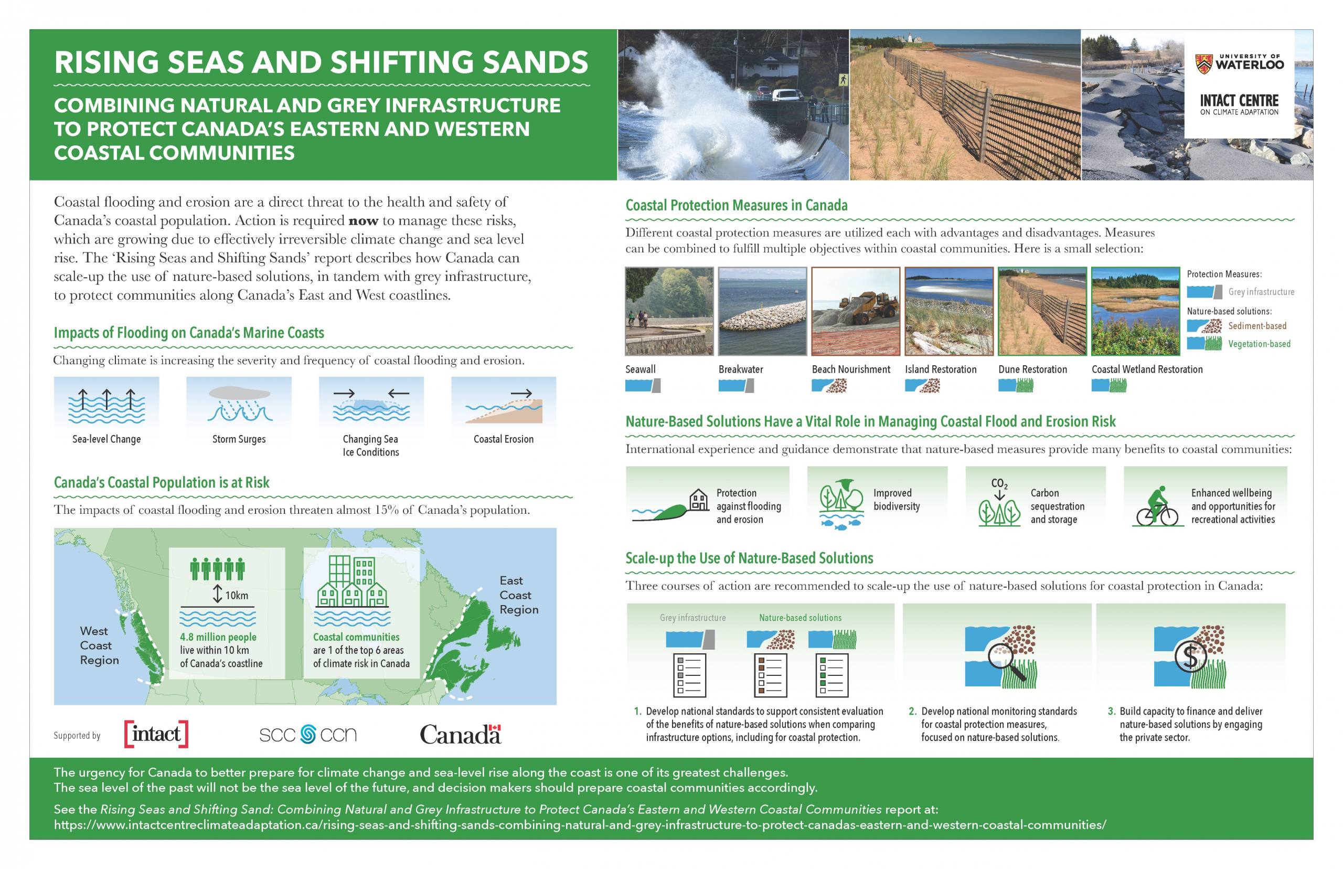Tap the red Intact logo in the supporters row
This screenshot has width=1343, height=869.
click(x=156, y=734)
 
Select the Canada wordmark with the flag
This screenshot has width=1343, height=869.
click(x=460, y=734)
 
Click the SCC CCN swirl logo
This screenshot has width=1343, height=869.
click(x=308, y=734)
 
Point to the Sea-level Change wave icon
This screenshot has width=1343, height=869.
click(x=106, y=406)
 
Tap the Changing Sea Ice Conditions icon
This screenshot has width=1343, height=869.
click(x=370, y=405)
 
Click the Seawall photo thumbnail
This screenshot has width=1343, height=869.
click(x=669, y=311)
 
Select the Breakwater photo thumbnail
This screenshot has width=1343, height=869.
click(x=763, y=311)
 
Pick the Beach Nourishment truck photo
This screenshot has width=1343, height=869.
click(x=856, y=311)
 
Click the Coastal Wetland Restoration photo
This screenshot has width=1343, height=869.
click(x=1135, y=311)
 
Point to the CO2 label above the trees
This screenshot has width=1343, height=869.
click(x=999, y=484)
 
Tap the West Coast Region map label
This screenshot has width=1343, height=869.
click(x=99, y=645)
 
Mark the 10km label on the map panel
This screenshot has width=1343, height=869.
click(x=236, y=595)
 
